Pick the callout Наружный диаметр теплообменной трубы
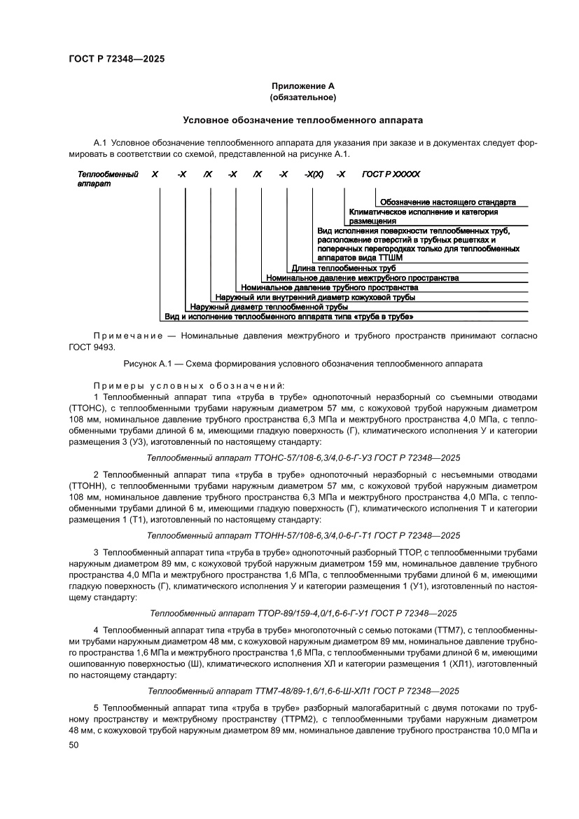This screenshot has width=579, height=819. (x=269, y=307)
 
